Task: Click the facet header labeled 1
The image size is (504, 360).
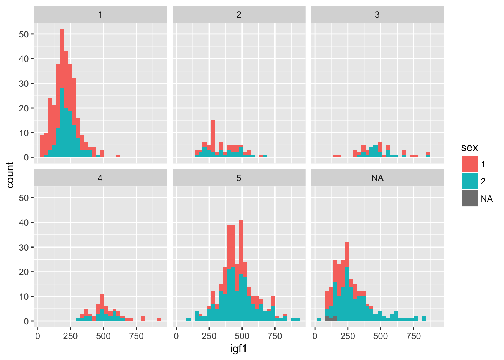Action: tap(100, 15)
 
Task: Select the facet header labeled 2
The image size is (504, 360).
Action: tap(239, 15)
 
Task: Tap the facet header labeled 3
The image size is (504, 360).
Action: tap(377, 15)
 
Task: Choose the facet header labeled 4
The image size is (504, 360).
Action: tap(100, 178)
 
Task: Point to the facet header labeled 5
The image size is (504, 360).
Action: tap(239, 178)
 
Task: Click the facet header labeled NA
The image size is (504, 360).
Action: tap(377, 178)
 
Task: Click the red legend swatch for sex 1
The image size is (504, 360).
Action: tap(469, 164)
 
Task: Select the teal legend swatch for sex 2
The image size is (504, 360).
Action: tap(469, 181)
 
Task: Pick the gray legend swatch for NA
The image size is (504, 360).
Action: tap(469, 199)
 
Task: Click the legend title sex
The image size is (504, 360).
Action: tap(469, 148)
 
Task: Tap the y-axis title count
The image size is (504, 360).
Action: tap(10, 175)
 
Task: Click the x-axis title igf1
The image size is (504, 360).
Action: tap(238, 349)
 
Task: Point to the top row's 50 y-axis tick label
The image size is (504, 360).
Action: tap(24, 34)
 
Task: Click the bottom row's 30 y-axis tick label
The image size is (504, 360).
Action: tap(24, 247)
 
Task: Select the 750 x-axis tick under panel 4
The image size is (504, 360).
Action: tap(136, 336)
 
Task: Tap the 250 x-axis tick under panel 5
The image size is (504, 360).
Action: tap(209, 336)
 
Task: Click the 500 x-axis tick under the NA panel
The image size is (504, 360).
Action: tap(381, 336)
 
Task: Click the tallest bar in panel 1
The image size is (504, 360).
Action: tap(62, 94)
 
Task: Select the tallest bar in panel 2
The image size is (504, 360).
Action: tap(213, 139)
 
